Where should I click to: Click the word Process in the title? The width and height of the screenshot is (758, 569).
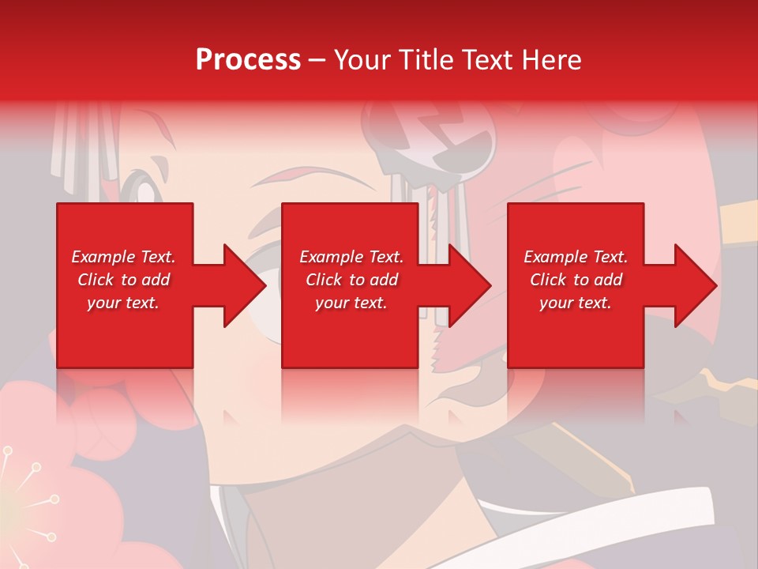coord(248,60)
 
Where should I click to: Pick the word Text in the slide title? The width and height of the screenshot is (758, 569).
coord(490,60)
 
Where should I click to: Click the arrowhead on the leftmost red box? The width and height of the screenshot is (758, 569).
coord(241,285)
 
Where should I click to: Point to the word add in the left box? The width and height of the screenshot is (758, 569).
coord(156,280)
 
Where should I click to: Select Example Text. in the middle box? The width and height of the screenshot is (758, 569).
coord(351,257)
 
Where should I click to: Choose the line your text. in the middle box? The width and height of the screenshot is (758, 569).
coord(351,303)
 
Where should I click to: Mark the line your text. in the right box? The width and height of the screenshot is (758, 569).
coord(576,303)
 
